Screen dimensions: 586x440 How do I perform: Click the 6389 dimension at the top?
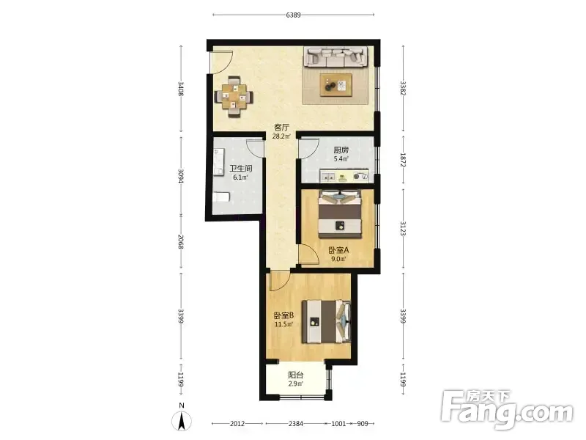click(294, 15)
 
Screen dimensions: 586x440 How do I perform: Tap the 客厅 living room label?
click(282, 127)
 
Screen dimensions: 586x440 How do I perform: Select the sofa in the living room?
click(335, 57)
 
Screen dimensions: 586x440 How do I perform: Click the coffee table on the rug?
click(336, 85)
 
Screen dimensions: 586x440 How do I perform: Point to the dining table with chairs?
click(234, 97)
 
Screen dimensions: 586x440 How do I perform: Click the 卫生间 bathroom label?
click(241, 169)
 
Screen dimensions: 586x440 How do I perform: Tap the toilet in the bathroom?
click(221, 197)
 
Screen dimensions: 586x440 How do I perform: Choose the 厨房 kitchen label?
click(341, 150)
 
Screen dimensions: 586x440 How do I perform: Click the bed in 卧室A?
click(340, 214)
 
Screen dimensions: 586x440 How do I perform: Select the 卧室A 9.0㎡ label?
click(338, 254)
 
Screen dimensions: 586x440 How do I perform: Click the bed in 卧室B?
click(327, 321)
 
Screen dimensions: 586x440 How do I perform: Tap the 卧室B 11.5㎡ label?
click(284, 320)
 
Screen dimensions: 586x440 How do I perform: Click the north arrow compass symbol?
click(182, 419)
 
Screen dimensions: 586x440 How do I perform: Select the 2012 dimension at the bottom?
click(237, 424)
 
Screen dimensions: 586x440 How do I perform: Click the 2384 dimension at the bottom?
click(296, 424)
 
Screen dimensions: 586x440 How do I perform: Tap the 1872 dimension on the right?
click(403, 160)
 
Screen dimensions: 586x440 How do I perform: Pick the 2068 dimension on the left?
click(181, 242)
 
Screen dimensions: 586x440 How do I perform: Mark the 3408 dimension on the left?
click(181, 89)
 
